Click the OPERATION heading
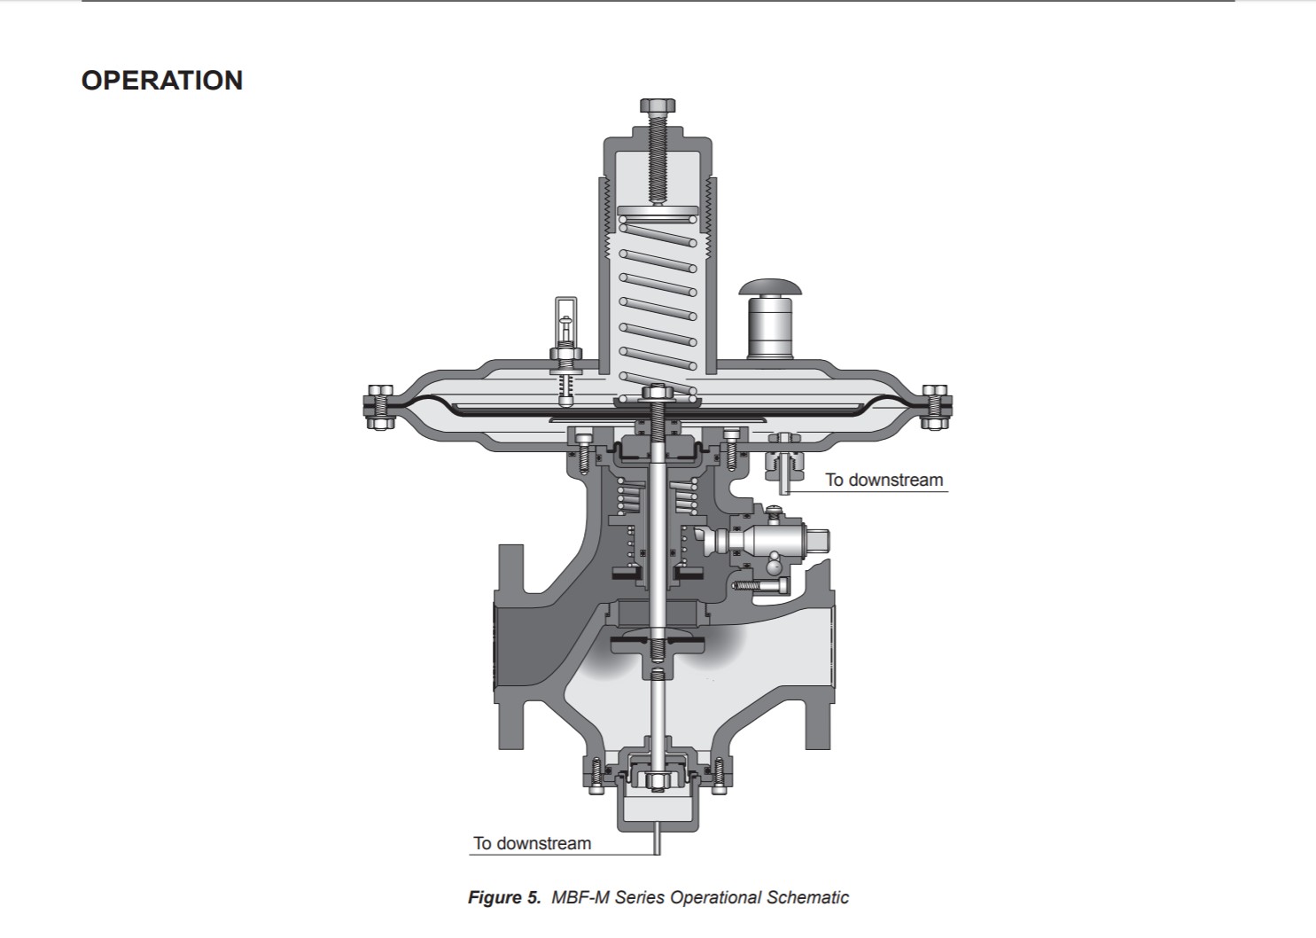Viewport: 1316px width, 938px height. pos(162,81)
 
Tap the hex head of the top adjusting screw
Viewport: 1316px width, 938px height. pos(658,106)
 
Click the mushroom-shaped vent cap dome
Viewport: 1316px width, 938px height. pos(769,287)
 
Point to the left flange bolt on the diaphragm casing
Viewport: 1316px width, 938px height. pos(380,407)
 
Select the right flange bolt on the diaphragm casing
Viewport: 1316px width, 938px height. pos(934,407)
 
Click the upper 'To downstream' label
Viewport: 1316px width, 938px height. pos(884,480)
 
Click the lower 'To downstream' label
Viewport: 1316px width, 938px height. pos(533,843)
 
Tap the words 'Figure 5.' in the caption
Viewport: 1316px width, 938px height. pos(504,897)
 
